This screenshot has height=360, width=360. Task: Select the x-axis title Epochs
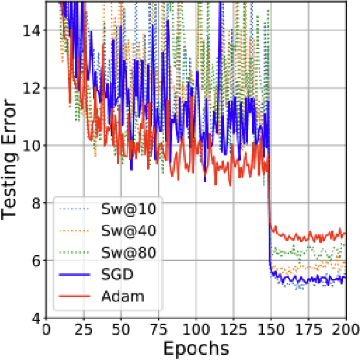196,348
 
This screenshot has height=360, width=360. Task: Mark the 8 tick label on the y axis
35,203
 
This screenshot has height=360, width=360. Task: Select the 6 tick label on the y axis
35,260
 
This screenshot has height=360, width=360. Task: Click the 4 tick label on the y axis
35,318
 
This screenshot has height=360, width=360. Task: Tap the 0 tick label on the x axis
46,329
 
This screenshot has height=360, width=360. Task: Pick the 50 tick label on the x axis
121,329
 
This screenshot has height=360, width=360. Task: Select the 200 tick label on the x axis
346,329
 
